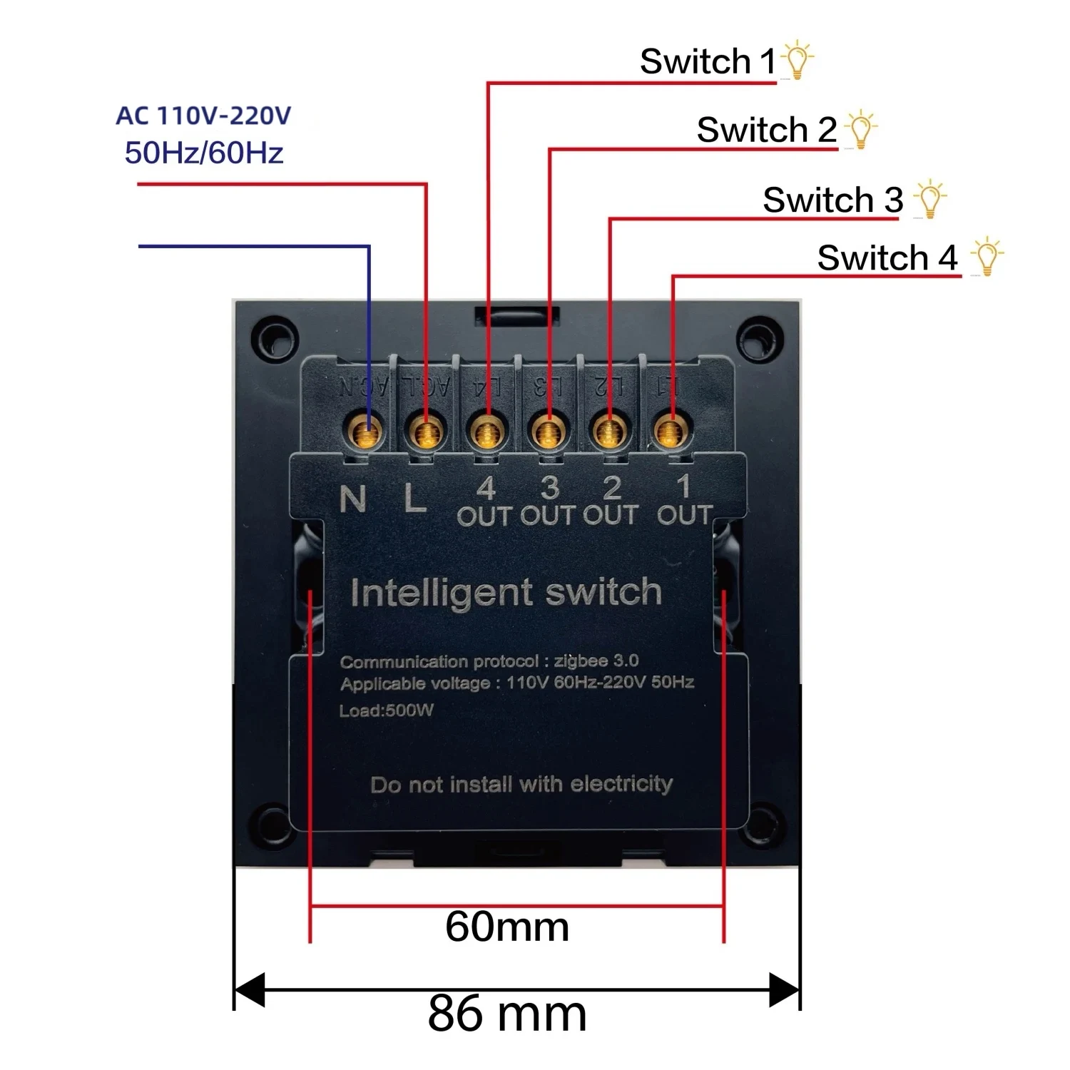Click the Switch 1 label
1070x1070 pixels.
pyautogui.click(x=707, y=61)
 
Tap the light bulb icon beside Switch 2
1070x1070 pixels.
pyautogui.click(x=861, y=129)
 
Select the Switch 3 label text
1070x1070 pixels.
pyautogui.click(x=832, y=200)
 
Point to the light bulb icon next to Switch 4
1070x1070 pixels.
pyautogui.click(x=987, y=257)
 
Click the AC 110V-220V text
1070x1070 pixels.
pyautogui.click(x=203, y=116)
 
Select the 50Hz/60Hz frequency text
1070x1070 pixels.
pyautogui.click(x=204, y=153)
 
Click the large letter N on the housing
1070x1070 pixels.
pyautogui.click(x=353, y=499)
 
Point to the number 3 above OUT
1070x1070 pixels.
pyautogui.click(x=549, y=488)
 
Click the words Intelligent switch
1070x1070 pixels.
pyautogui.click(x=506, y=593)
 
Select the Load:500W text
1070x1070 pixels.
pyautogui.click(x=386, y=710)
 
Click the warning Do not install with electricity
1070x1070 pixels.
pyautogui.click(x=521, y=785)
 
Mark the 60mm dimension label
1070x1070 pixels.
pyautogui.click(x=507, y=927)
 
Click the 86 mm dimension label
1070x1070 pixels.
pyautogui.click(x=507, y=1014)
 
